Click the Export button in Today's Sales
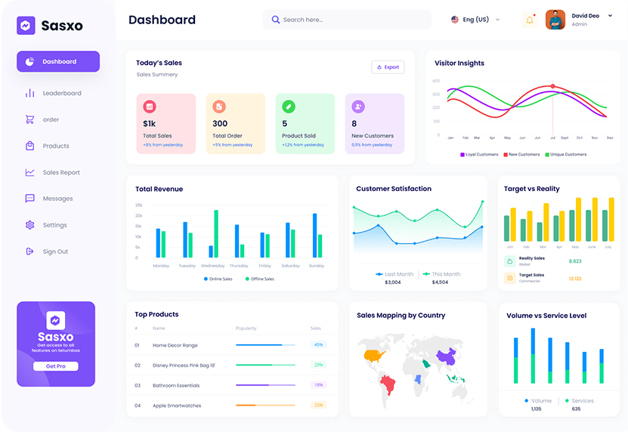pyautogui.click(x=388, y=67)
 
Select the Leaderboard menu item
pyautogui.click(x=62, y=94)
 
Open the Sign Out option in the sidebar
pyautogui.click(x=55, y=251)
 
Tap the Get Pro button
pyautogui.click(x=55, y=366)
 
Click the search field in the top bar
pyautogui.click(x=348, y=20)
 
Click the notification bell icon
pyautogui.click(x=529, y=20)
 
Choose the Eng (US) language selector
pyautogui.click(x=475, y=20)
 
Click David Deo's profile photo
pyautogui.click(x=555, y=20)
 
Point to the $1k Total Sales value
pyautogui.click(x=149, y=124)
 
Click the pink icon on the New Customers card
pyautogui.click(x=358, y=106)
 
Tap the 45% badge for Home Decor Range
pyautogui.click(x=318, y=345)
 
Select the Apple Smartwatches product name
pyautogui.click(x=177, y=406)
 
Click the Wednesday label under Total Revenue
pyautogui.click(x=212, y=266)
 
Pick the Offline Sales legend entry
pyautogui.click(x=260, y=279)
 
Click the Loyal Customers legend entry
pyautogui.click(x=479, y=155)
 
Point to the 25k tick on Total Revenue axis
pyautogui.click(x=138, y=205)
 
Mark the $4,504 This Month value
pyautogui.click(x=440, y=282)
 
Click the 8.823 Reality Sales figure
pyautogui.click(x=574, y=261)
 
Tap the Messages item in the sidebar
pyautogui.click(x=58, y=199)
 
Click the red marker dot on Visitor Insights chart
pyautogui.click(x=552, y=86)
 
